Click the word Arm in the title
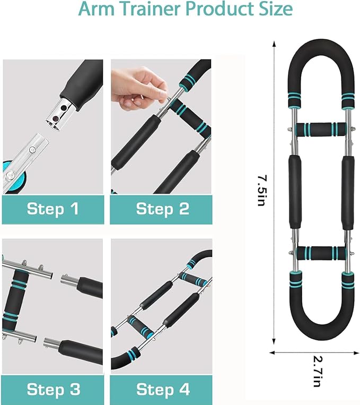tap(97, 9)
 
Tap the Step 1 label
tap(53, 209)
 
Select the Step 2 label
tap(163, 209)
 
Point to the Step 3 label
tap(54, 389)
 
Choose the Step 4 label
tap(163, 389)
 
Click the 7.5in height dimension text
tap(262, 191)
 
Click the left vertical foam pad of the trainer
tap(295, 192)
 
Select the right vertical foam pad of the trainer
tap(348, 193)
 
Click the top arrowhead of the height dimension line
tap(274, 44)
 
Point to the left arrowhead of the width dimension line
tap(272, 352)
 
